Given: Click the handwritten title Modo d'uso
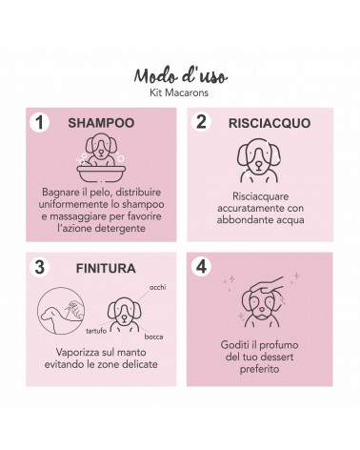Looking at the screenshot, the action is (x=180, y=76).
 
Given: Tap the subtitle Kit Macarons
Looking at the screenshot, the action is (x=179, y=92).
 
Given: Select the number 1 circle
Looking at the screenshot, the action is (x=39, y=123).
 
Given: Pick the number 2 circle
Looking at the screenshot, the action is (x=201, y=122).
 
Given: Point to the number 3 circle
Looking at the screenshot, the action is (x=39, y=267).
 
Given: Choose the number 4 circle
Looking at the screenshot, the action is (x=201, y=266).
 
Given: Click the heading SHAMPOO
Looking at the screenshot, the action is (x=101, y=123).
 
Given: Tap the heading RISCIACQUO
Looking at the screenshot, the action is (x=270, y=123).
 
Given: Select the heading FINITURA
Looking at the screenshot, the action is (x=106, y=268).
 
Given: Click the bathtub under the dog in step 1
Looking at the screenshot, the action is (x=101, y=173).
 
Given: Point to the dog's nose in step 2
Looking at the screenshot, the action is (x=259, y=164).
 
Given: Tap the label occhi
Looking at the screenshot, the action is (x=158, y=287).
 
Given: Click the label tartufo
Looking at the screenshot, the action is (x=96, y=331).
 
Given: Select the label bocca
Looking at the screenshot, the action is (x=153, y=337).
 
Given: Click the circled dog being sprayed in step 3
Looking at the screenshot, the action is (x=61, y=311).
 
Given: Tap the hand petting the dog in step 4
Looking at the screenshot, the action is (x=267, y=285).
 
